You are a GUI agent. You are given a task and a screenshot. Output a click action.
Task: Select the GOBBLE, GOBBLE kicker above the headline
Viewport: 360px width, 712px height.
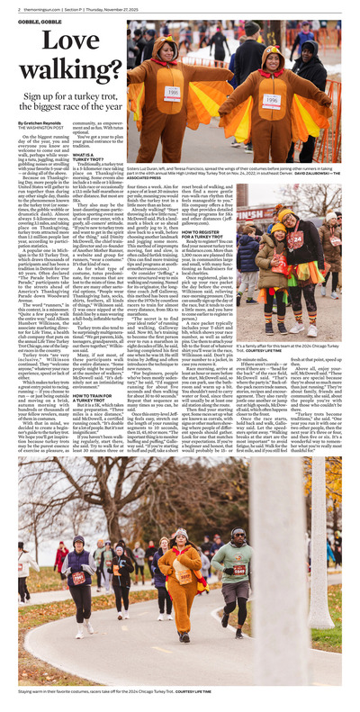[35, 19]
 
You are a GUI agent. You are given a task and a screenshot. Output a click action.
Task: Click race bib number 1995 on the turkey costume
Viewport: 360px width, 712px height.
[171, 94]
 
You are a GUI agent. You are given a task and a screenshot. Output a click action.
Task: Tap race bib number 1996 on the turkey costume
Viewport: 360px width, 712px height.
[271, 101]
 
